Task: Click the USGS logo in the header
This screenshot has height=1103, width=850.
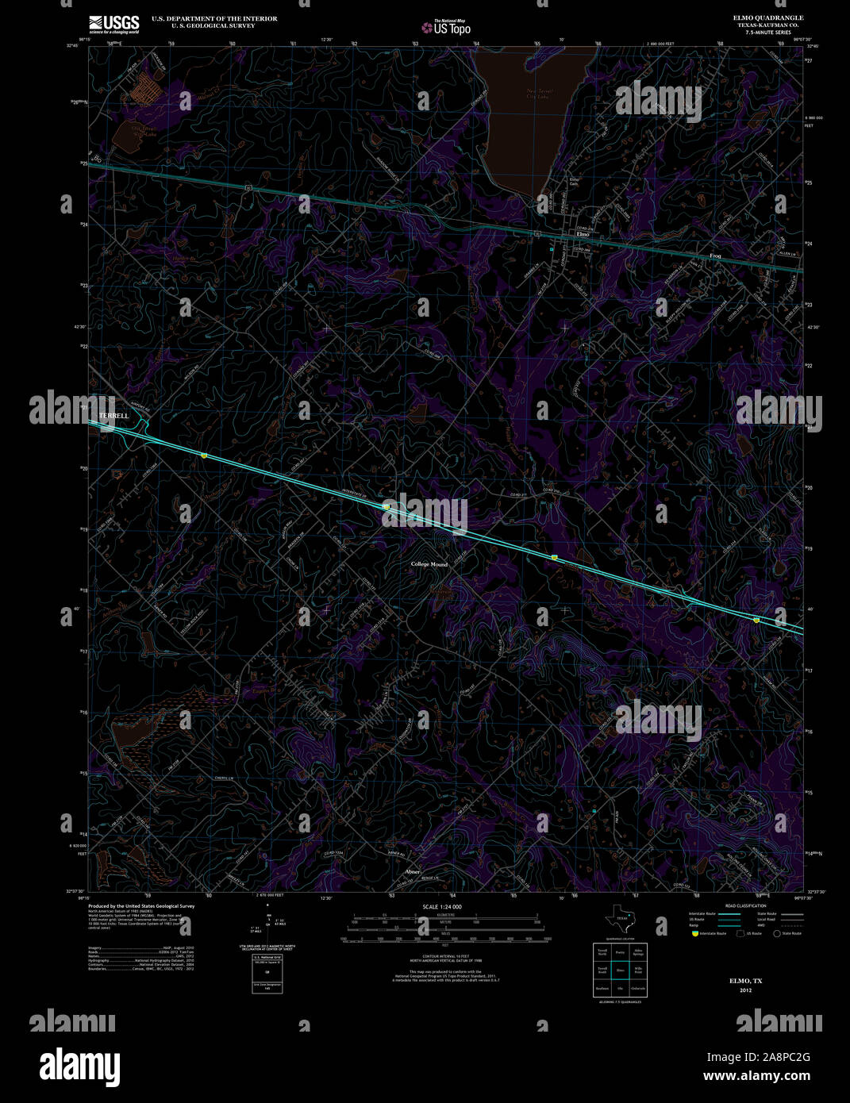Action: (x=114, y=23)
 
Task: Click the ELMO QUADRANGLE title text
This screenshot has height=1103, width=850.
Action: (x=767, y=17)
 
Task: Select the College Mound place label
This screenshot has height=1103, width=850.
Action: (x=429, y=564)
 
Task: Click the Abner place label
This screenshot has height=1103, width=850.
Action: (x=412, y=871)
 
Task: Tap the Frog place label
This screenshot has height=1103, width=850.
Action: (x=715, y=256)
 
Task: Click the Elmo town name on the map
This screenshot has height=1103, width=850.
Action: (x=583, y=235)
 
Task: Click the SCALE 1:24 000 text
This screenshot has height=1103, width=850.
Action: (x=443, y=907)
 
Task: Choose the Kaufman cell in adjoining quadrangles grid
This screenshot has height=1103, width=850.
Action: (x=602, y=989)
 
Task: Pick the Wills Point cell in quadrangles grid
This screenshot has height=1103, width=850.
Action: (x=638, y=970)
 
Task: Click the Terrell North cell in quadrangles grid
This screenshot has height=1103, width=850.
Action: (x=602, y=951)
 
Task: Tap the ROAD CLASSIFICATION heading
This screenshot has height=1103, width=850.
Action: (x=745, y=906)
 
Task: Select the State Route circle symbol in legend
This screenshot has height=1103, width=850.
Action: (x=777, y=934)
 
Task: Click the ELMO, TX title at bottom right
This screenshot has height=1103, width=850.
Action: (x=745, y=981)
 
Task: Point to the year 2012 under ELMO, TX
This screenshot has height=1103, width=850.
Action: (x=745, y=990)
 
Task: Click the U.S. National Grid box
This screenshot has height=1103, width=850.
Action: (x=267, y=974)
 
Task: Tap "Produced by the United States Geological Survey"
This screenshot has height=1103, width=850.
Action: (x=141, y=906)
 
